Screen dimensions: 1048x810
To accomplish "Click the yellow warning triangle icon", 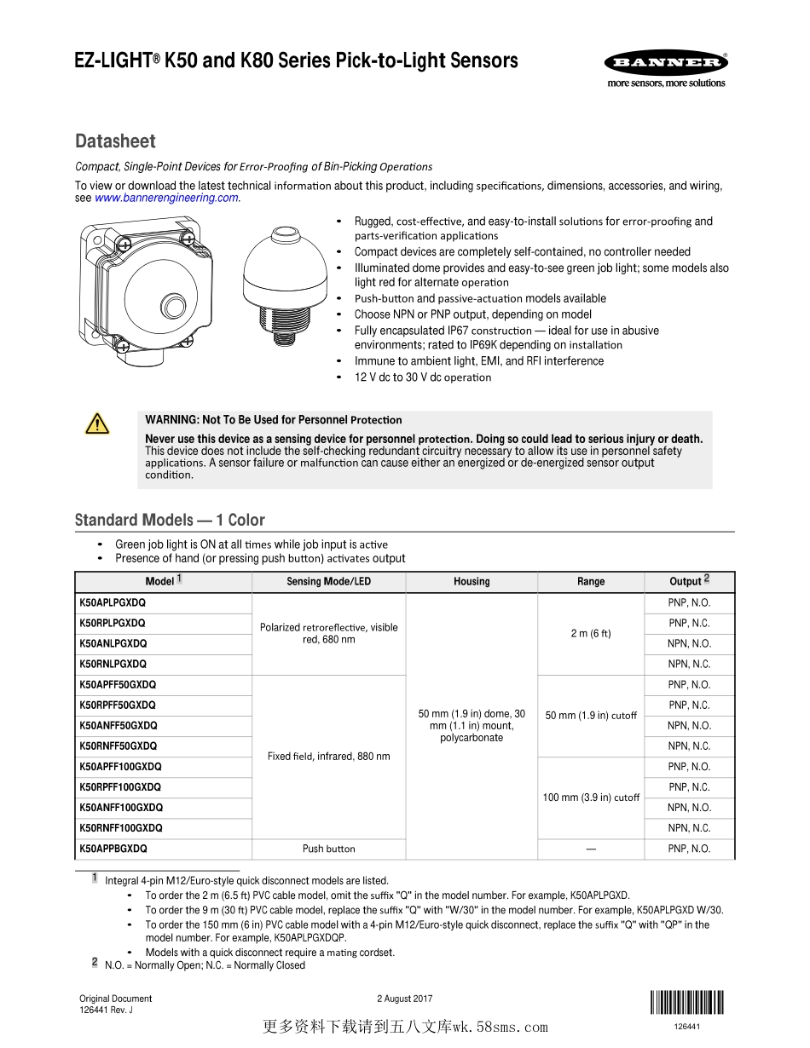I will tap(97, 423).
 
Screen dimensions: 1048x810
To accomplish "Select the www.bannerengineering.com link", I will tap(166, 198).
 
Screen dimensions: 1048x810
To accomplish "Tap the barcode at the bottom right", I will tap(686, 1003).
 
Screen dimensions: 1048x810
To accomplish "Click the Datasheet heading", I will tap(115, 141).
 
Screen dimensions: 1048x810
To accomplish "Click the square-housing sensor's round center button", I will tap(173, 301).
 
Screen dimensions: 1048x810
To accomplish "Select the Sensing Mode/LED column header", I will tap(328, 582).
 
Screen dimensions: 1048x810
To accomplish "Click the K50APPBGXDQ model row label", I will tap(113, 849).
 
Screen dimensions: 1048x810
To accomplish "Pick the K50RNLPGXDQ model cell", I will tap(113, 664).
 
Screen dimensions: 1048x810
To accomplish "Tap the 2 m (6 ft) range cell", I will tap(591, 633).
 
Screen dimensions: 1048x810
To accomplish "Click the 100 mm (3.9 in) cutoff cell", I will tap(591, 798).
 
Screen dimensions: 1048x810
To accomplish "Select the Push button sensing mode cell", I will tap(328, 849).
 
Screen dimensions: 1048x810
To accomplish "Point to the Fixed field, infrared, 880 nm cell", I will tap(328, 757).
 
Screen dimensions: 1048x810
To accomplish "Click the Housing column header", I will tap(472, 582).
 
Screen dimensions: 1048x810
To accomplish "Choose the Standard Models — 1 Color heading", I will tap(170, 520).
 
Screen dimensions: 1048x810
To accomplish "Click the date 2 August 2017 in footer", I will tap(405, 999).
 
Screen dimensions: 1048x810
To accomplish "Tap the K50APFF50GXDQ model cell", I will tap(118, 685).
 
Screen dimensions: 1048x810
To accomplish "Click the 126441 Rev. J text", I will tap(106, 1011).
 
